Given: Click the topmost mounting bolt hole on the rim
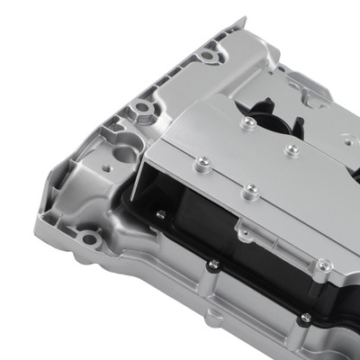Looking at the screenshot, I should (x=209, y=56).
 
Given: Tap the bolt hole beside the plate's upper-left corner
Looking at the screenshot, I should (x=143, y=111).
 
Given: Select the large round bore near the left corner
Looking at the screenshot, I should (x=126, y=154).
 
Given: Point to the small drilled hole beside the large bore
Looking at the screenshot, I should (x=107, y=167).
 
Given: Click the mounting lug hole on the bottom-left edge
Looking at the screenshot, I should (x=87, y=238).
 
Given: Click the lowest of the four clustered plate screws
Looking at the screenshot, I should (x=251, y=189).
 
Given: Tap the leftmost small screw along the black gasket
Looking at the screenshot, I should (x=160, y=214).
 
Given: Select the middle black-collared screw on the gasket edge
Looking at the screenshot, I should (x=213, y=265).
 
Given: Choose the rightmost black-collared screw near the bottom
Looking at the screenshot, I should (x=306, y=318).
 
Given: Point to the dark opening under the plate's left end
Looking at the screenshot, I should (x=162, y=193).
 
